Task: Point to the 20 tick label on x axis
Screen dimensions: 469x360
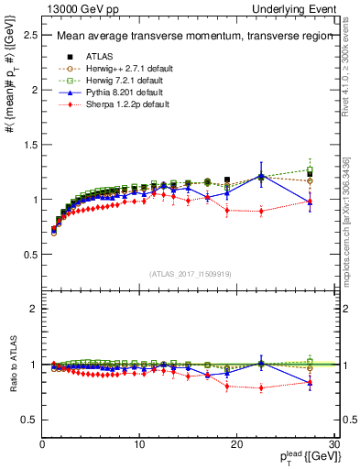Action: click(236, 444)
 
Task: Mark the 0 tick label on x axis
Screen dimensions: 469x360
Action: click(42, 444)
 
